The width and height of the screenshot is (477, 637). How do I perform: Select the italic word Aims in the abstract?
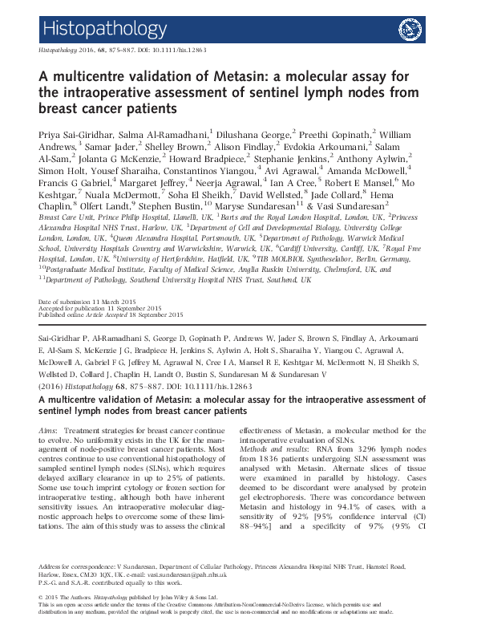(x=48, y=432)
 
